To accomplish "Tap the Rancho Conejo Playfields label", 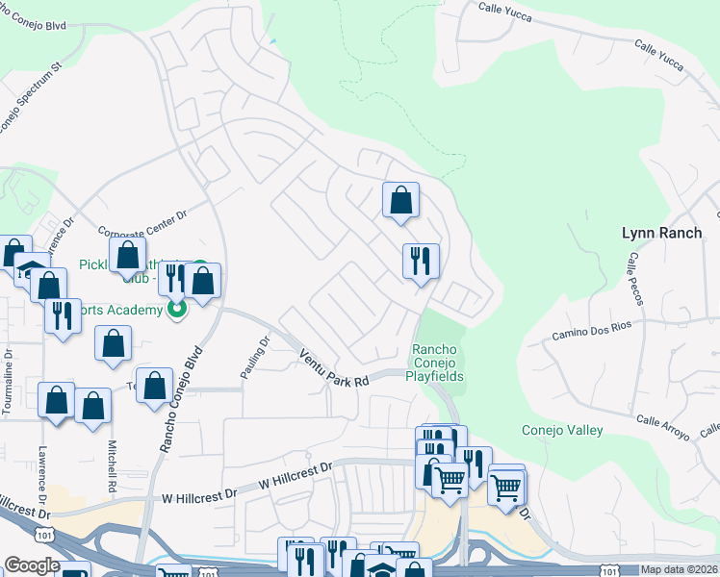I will click(438, 363).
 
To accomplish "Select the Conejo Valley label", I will click(562, 430).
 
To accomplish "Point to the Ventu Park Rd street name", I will click(333, 368).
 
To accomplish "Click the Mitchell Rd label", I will click(113, 467).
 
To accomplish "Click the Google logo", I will click(32, 565).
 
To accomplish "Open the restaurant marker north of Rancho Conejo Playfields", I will click(421, 261).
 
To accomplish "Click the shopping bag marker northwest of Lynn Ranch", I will click(401, 200).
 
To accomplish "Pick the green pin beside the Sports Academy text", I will click(177, 310).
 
